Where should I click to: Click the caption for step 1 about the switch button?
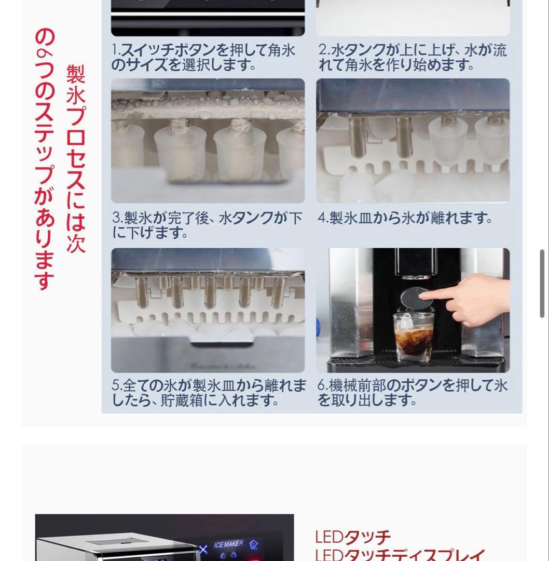[x=203, y=58]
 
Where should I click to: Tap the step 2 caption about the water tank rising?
[x=412, y=58]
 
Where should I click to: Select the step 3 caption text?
[x=207, y=225]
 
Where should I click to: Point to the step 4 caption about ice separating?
[x=405, y=218]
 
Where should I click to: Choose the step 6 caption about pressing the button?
[x=412, y=393]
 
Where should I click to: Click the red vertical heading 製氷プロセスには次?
[x=76, y=158]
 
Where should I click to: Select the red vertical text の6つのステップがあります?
[x=45, y=158]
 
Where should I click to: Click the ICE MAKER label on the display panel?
[x=228, y=544]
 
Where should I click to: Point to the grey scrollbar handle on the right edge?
[x=542, y=283]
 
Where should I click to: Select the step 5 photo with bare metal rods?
[x=208, y=310]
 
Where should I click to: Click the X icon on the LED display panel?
[x=203, y=549]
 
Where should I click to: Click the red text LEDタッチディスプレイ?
[x=400, y=555]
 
